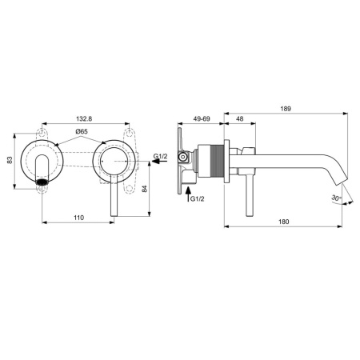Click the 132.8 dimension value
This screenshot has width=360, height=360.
(84, 118)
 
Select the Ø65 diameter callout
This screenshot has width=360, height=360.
(82, 131)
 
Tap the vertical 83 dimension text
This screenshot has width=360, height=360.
(10, 160)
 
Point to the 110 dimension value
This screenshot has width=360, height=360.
(78, 218)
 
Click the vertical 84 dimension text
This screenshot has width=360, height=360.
(144, 189)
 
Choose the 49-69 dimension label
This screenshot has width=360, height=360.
(202, 118)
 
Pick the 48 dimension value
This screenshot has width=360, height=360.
(240, 118)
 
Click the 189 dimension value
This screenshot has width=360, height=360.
(286, 109)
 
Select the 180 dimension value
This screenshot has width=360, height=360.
(283, 222)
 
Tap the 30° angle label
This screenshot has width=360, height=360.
(336, 198)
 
